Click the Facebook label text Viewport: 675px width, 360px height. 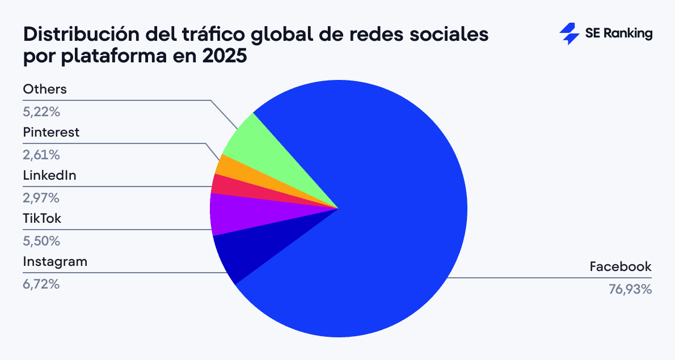(x=621, y=266)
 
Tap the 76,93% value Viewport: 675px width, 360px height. (x=630, y=289)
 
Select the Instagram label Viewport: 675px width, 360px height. (x=55, y=262)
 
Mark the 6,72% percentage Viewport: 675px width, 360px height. (x=41, y=284)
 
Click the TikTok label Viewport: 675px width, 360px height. (x=41, y=219)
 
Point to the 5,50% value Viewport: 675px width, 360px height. (x=41, y=241)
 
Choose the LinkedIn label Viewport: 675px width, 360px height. (x=49, y=176)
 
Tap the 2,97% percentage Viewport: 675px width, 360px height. (x=41, y=198)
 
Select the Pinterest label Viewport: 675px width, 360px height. (x=51, y=133)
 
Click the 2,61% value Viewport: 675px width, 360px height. (x=41, y=155)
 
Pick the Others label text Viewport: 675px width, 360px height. (x=45, y=90)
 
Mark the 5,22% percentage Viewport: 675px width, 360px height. (x=41, y=112)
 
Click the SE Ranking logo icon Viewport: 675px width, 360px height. (x=569, y=33)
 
